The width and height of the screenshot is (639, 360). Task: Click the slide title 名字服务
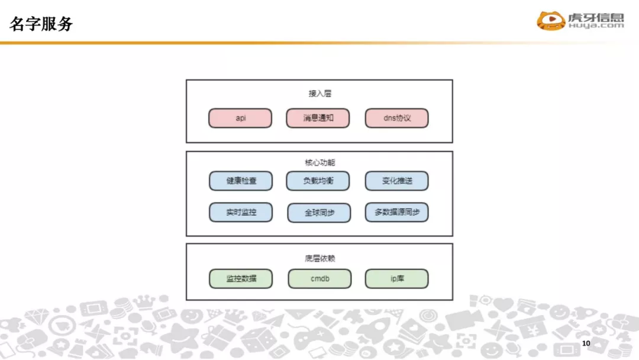pos(41,24)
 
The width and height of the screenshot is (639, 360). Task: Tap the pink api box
pos(240,118)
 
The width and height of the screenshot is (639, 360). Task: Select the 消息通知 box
pos(318,118)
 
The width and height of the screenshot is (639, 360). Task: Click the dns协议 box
pos(396,118)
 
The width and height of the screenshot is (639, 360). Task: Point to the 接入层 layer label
pos(319,94)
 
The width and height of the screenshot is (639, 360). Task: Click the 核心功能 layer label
pos(319,162)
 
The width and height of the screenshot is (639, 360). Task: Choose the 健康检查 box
pos(241,181)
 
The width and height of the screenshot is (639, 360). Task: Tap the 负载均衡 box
pos(318,181)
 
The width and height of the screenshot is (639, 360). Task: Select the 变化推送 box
pos(396,181)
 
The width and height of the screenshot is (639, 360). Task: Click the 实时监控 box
pos(241,212)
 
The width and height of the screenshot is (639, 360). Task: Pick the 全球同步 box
pos(319,213)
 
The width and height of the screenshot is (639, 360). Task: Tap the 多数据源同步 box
pos(396,212)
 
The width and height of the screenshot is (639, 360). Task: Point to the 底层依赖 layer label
pos(319,259)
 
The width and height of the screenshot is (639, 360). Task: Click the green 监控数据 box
pos(241,278)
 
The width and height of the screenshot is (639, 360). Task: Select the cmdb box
pos(319,278)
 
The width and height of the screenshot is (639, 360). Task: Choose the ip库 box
pos(396,278)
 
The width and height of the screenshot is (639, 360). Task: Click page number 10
pos(586,344)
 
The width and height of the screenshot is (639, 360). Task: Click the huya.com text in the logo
pos(596,26)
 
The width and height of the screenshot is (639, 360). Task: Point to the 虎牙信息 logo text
pos(596,17)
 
